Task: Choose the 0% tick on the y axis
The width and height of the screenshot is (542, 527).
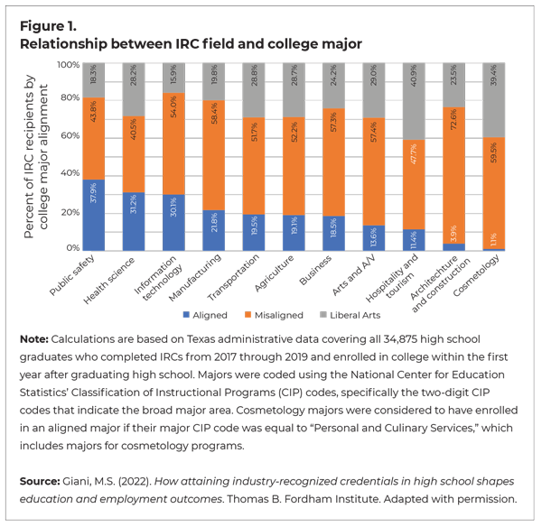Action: (x=74, y=247)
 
